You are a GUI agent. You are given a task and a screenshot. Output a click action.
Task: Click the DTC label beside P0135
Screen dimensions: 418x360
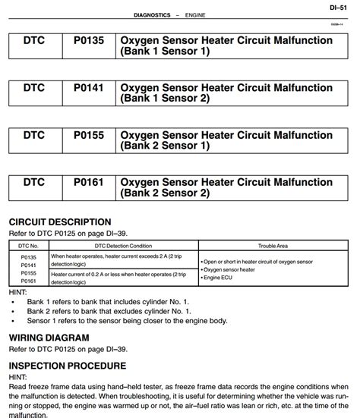(x=34, y=40)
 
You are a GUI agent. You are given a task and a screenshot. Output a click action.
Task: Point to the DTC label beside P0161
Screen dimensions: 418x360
(x=34, y=183)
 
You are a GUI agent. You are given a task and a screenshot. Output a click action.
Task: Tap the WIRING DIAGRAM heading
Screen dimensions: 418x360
(x=49, y=338)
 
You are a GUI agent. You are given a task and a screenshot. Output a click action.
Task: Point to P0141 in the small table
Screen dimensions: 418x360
(x=28, y=265)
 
